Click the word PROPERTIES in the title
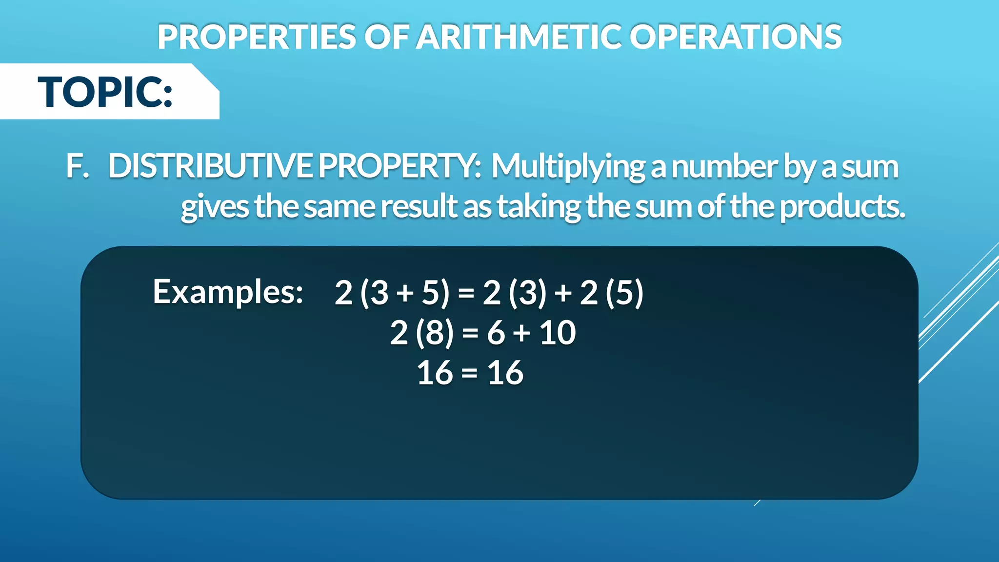[257, 37]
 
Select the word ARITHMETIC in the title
[519, 37]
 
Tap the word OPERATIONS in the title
[735, 37]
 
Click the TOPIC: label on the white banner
[105, 92]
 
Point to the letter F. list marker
[78, 167]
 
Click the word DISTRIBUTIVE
[210, 167]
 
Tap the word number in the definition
[725, 167]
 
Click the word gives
[215, 207]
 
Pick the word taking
[539, 207]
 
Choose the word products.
[842, 207]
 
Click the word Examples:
[228, 292]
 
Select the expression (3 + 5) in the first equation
[404, 293]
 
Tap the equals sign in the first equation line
[466, 293]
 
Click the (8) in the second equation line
[434, 333]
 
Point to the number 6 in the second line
[496, 333]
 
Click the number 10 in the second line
[558, 333]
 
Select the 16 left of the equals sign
[435, 373]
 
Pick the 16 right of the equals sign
[505, 373]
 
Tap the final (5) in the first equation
[624, 293]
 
